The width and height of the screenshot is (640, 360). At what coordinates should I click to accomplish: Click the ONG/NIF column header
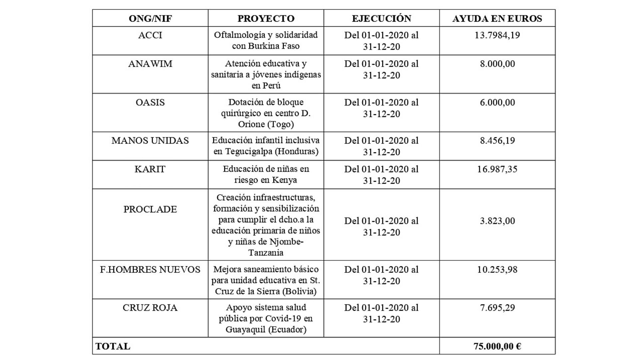tap(150, 18)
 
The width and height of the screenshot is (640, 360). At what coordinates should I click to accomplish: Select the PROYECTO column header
tap(266, 18)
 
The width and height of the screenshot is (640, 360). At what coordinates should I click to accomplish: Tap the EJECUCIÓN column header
tap(381, 18)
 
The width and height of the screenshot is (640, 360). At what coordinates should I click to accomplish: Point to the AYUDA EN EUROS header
tap(497, 18)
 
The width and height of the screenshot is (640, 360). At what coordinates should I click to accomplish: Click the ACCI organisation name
tap(150, 35)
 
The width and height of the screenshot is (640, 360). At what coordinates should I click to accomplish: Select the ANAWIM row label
tap(150, 64)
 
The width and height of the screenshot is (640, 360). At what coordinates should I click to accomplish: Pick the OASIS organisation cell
tap(150, 102)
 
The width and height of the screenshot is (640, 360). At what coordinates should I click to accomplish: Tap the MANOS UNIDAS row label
tap(150, 141)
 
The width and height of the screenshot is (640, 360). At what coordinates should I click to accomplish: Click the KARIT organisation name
tap(150, 169)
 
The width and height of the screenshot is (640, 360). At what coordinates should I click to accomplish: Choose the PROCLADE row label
tap(150, 209)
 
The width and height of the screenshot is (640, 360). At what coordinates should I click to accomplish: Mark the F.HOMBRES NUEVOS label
tap(150, 269)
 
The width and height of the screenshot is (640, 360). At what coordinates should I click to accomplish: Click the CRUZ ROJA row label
tap(150, 308)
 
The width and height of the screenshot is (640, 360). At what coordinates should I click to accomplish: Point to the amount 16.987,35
tap(497, 169)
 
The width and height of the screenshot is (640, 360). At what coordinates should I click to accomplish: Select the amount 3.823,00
tap(497, 221)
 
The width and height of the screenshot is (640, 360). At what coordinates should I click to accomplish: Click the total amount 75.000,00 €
tap(497, 346)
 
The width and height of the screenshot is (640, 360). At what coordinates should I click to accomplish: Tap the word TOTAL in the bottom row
tap(113, 346)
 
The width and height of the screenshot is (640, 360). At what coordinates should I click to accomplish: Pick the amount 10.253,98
tap(497, 269)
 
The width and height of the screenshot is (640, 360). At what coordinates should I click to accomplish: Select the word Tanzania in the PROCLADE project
tap(266, 253)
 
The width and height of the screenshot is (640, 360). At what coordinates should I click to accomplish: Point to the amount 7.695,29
tap(497, 308)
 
